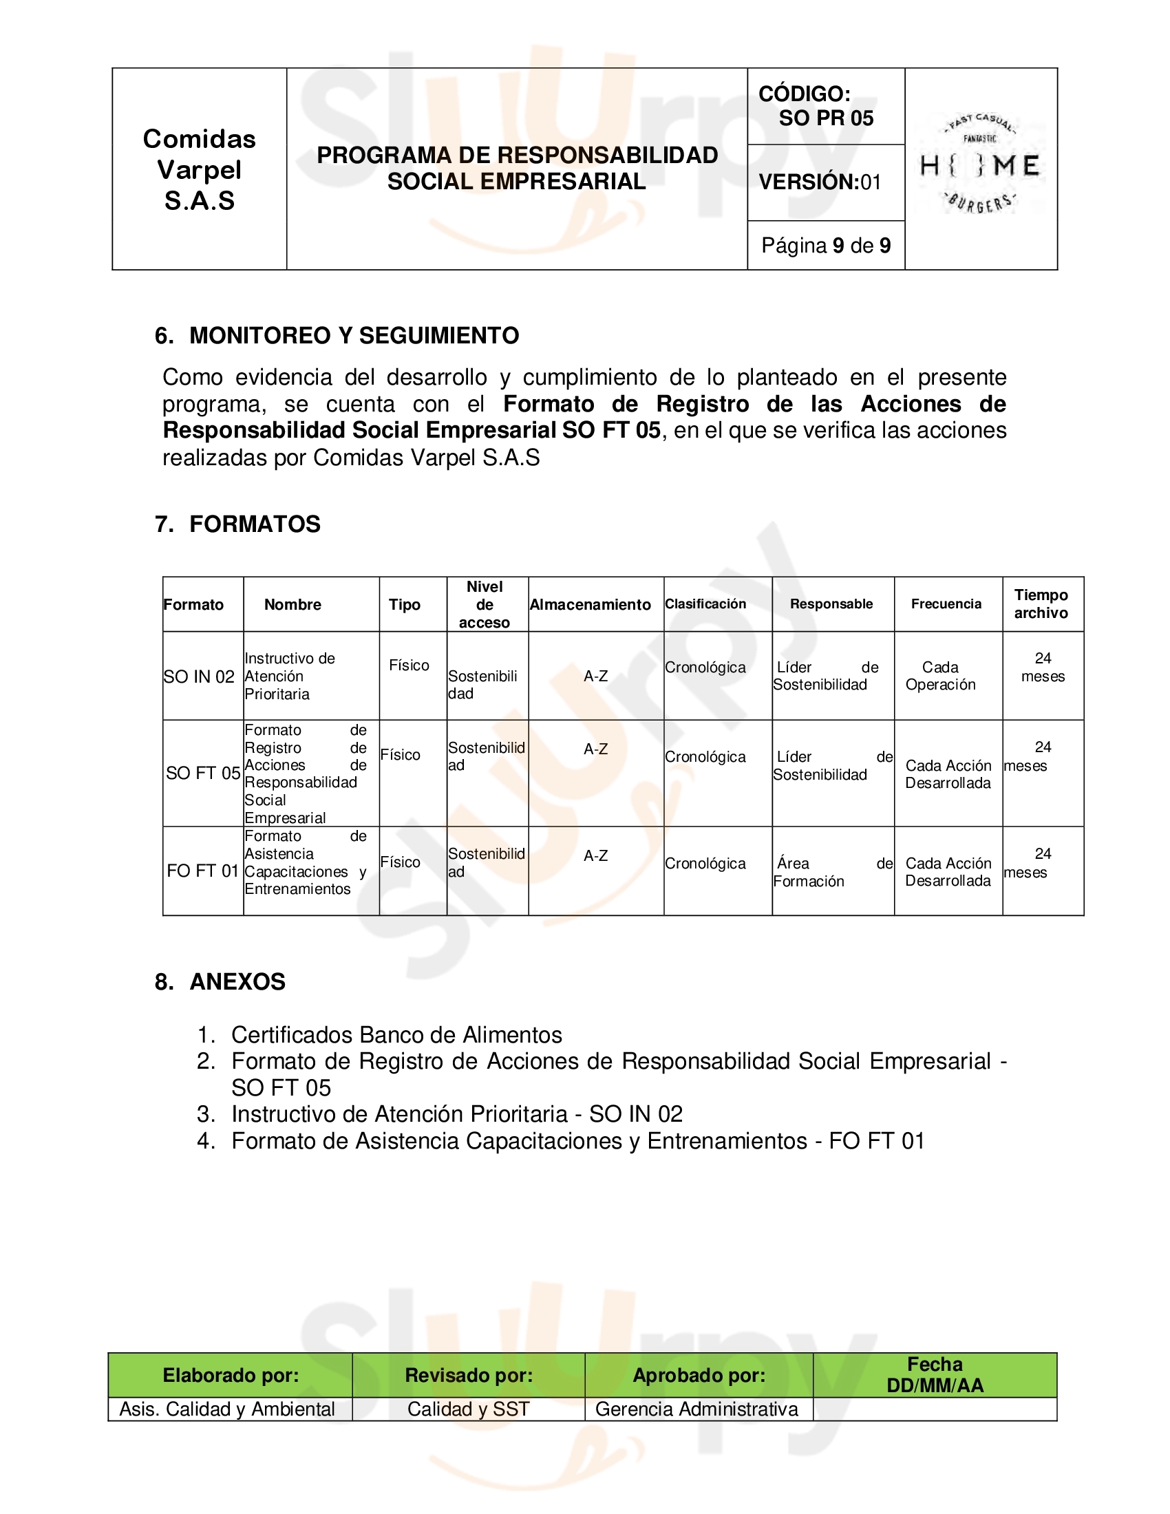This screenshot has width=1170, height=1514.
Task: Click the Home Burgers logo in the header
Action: point(980,166)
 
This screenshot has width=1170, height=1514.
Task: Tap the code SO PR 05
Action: point(825,118)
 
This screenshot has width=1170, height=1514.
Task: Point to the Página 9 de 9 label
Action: point(825,246)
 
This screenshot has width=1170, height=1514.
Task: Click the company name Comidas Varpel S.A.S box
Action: point(200,170)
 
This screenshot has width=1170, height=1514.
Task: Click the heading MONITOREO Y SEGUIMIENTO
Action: point(354,336)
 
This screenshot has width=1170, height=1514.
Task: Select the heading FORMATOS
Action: point(255,524)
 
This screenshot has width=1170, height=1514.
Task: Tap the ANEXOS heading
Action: point(237,981)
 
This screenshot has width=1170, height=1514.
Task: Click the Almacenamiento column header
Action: point(591,604)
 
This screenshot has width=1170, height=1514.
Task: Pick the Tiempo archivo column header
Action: point(1041,604)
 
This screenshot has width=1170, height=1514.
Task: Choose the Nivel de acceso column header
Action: point(485,604)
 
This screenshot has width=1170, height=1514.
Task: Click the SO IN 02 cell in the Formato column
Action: point(200,676)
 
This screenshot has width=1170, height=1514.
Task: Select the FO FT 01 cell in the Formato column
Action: point(202,871)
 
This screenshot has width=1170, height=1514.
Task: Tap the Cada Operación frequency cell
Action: point(940,676)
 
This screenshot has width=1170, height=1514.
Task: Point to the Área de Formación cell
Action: point(833,872)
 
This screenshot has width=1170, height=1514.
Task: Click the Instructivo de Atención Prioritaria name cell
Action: point(290,676)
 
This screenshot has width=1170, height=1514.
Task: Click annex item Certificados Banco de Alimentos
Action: point(396,1035)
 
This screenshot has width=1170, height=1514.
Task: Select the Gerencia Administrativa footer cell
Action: point(696,1409)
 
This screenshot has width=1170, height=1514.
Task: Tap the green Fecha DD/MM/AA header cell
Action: point(935,1375)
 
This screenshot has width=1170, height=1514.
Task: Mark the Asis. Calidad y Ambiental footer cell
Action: point(227,1409)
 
